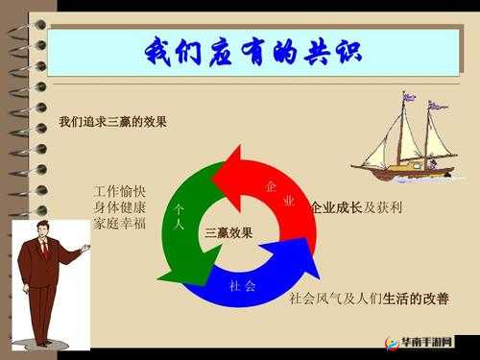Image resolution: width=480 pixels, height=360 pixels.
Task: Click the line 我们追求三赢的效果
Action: tap(112, 122)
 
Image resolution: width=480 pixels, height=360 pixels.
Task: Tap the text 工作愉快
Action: tap(120, 190)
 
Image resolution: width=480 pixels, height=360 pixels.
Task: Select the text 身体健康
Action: tap(120, 207)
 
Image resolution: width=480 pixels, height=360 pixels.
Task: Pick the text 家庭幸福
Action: tap(120, 225)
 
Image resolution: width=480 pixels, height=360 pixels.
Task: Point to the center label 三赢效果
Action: tap(228, 233)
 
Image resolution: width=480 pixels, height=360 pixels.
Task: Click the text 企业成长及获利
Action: tap(356, 208)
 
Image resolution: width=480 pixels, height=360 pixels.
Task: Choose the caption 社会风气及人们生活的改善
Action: tap(369, 299)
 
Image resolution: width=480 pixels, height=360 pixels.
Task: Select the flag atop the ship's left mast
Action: tap(409, 96)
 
